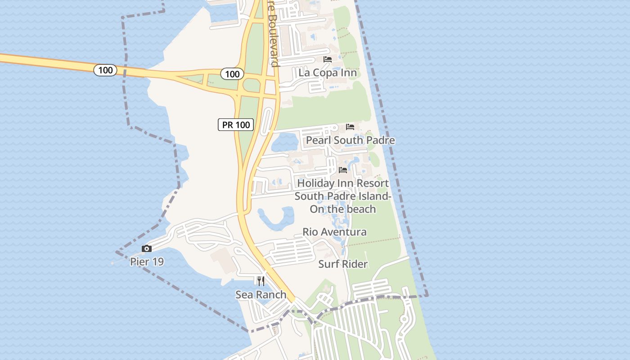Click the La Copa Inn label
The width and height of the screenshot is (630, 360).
click(328, 73)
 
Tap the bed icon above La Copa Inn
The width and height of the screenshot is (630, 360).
click(328, 59)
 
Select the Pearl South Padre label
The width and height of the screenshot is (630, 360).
click(351, 140)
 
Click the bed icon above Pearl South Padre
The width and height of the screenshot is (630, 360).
click(350, 127)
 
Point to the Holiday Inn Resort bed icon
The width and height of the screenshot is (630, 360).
click(343, 170)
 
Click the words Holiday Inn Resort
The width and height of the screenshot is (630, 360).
click(343, 184)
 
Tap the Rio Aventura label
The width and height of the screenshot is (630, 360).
click(334, 232)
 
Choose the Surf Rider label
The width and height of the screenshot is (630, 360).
click(343, 264)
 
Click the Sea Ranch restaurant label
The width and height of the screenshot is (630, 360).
click(261, 295)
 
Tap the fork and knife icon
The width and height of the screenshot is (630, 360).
click(261, 281)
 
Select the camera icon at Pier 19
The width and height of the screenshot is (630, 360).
click(146, 248)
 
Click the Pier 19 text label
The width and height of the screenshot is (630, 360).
click(147, 261)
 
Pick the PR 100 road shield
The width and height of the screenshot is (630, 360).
click(236, 125)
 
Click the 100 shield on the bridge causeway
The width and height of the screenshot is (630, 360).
click(105, 70)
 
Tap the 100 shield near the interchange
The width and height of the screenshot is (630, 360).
click(232, 74)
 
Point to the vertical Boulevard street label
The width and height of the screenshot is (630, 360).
click(273, 34)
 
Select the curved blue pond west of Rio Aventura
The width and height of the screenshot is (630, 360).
click(275, 218)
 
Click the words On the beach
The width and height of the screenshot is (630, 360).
click(343, 209)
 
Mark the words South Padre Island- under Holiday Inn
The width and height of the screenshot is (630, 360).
click(343, 197)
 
